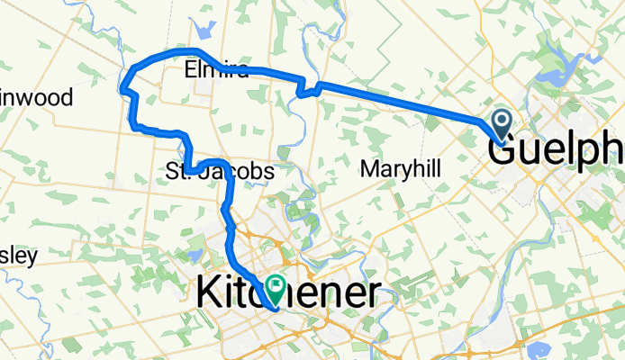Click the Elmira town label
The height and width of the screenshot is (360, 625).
tap(213, 69)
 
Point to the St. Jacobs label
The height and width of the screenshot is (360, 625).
tap(220, 170)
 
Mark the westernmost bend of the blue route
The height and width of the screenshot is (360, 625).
tap(122, 87)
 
